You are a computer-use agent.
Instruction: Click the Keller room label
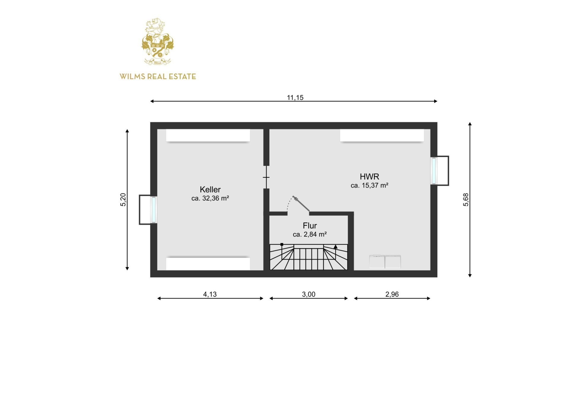pos(210,190)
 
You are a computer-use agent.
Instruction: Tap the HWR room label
pos(369,177)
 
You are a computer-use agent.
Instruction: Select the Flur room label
pos(310,226)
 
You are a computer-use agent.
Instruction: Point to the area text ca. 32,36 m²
pos(210,198)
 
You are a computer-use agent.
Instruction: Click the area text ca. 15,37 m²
pos(369,185)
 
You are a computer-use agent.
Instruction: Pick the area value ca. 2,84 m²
pos(310,234)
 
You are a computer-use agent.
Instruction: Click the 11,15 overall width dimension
pos(295,97)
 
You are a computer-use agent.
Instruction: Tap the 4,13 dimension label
pos(210,294)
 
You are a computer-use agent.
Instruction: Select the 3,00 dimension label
pos(309,294)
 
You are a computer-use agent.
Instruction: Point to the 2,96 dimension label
pos(392,294)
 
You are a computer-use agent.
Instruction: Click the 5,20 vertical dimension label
pos(123,199)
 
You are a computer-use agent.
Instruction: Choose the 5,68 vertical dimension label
pos(466,199)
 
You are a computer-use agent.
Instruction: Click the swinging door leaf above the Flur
pos(301,204)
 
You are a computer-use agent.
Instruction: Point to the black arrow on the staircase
pos(335,246)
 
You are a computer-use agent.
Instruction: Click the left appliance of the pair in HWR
pos(377,262)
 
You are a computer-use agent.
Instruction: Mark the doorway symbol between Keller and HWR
pos(266,177)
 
